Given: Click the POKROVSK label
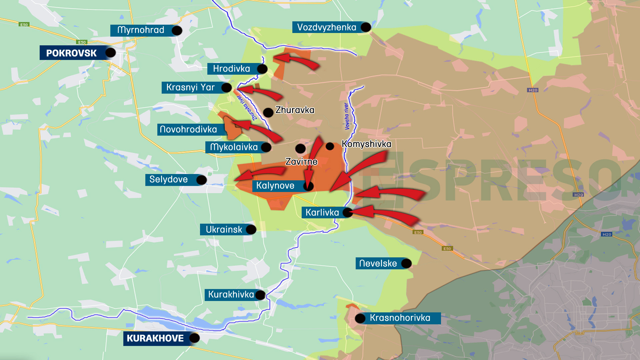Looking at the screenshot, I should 71,53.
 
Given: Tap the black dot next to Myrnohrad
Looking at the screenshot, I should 177,31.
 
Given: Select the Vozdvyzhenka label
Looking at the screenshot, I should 326,27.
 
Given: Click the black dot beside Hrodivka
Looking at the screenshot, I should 262,69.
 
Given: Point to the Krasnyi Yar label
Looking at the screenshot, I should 190,87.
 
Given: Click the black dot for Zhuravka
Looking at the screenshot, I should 268,112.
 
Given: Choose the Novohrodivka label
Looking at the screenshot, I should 188,129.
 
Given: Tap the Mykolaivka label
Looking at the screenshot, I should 234,147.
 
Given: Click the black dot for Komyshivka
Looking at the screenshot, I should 330,146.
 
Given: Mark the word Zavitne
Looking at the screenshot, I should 301,162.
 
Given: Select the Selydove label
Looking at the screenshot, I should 168,180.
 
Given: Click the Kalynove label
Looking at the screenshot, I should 275,186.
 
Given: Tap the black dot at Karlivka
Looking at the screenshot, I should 347,212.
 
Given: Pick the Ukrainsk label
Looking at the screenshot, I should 224,230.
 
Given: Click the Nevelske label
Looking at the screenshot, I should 378,264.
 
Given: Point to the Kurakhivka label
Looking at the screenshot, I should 231,295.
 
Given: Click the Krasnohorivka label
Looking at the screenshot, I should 400,318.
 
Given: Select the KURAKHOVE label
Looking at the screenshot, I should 155,338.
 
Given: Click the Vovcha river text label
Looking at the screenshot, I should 347,116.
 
